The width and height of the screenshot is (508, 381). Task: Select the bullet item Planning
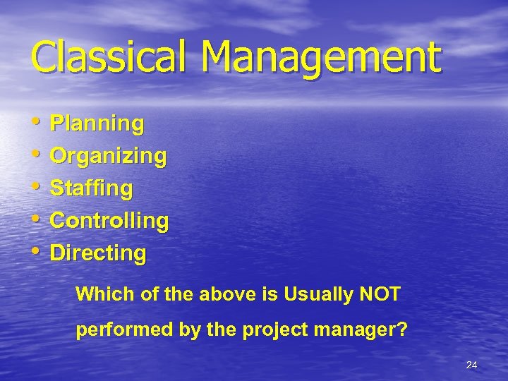point(97,124)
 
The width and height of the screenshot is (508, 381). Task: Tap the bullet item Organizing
point(109,156)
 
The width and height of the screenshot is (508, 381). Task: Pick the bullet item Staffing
point(92,188)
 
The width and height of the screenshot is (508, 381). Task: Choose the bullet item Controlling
point(109,221)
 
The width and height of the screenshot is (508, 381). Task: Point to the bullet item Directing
point(98,253)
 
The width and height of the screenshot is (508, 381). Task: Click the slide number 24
point(471,365)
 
